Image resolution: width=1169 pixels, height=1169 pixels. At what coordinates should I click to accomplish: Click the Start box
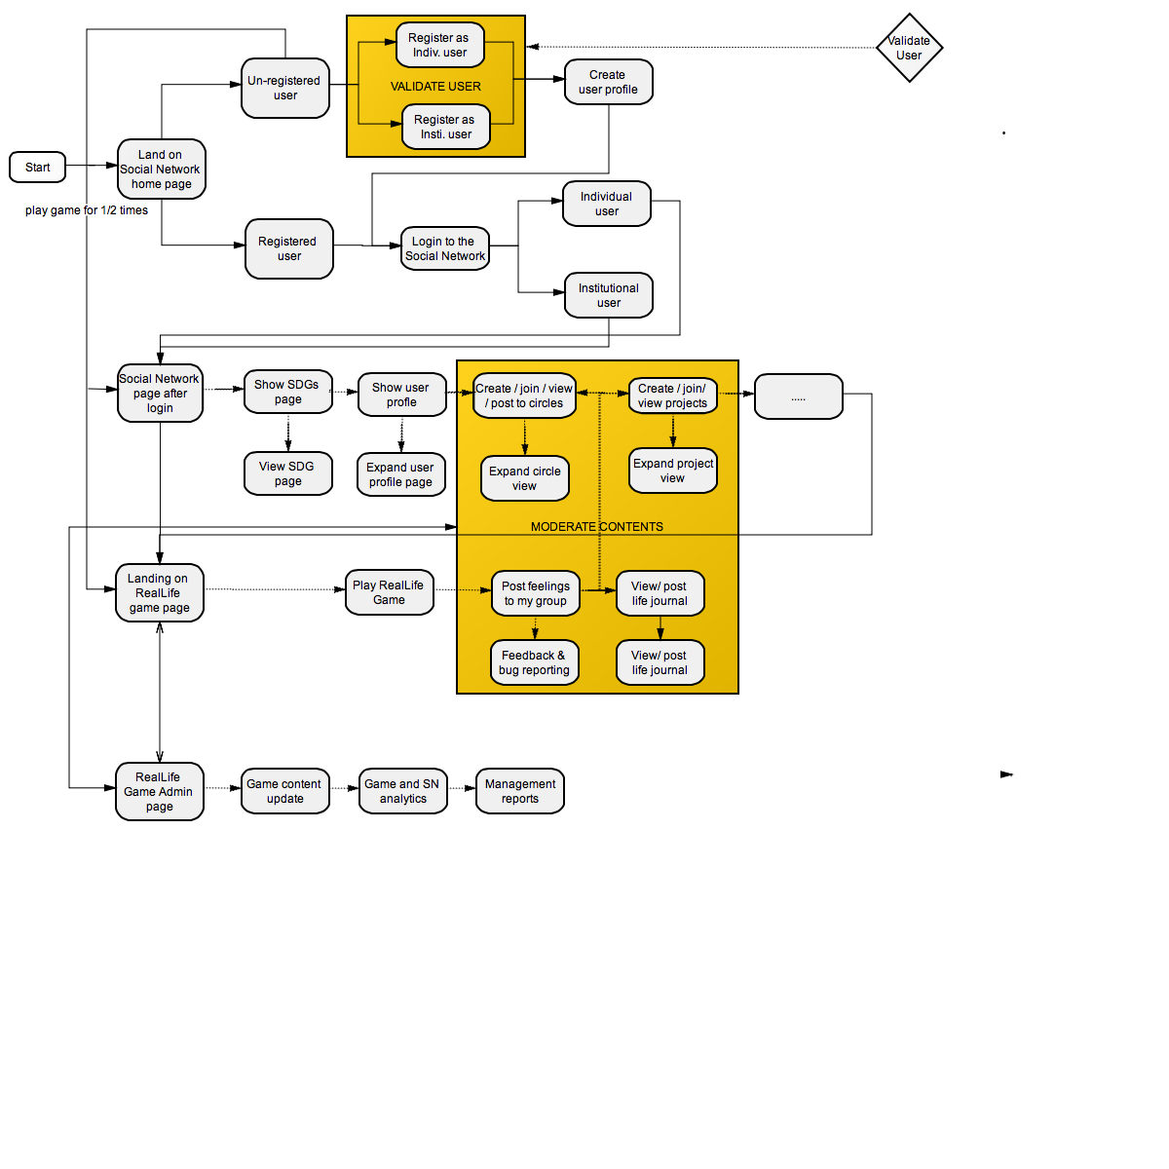[x=38, y=168]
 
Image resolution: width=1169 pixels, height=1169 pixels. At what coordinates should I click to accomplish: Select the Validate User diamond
[x=909, y=48]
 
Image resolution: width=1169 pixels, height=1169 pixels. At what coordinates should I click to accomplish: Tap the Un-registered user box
[x=284, y=89]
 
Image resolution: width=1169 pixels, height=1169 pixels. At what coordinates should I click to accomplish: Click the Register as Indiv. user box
[x=439, y=46]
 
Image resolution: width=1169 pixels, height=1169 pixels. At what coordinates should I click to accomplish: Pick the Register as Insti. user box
[x=445, y=128]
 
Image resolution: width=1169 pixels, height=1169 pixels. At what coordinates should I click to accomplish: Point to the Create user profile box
[x=608, y=82]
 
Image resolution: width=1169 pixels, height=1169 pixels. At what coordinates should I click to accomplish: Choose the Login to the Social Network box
[x=445, y=249]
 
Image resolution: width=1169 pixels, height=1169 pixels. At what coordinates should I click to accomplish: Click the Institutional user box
[x=608, y=295]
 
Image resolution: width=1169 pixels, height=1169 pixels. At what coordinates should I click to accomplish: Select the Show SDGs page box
[x=287, y=393]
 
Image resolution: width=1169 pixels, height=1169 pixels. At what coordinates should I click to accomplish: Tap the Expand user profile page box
[x=400, y=475]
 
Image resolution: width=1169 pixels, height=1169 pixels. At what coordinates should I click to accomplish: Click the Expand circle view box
[x=524, y=478]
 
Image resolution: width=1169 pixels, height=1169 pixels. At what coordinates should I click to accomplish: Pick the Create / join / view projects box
[x=673, y=396]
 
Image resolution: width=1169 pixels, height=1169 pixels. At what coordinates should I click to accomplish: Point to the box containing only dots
[x=798, y=396]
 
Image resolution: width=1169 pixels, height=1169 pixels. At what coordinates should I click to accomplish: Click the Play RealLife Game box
[x=389, y=592]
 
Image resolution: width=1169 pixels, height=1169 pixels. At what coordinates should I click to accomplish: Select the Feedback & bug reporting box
[x=534, y=662]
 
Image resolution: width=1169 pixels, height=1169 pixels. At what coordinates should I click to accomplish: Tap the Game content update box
[x=284, y=791]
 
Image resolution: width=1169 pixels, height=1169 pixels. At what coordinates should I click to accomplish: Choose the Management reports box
[x=519, y=791]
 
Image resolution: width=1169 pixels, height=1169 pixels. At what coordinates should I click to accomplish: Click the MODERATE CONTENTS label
[x=596, y=527]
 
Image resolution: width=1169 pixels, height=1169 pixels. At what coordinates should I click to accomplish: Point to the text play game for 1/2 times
[x=87, y=210]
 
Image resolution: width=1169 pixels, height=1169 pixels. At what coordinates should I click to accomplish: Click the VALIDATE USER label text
[x=435, y=87]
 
